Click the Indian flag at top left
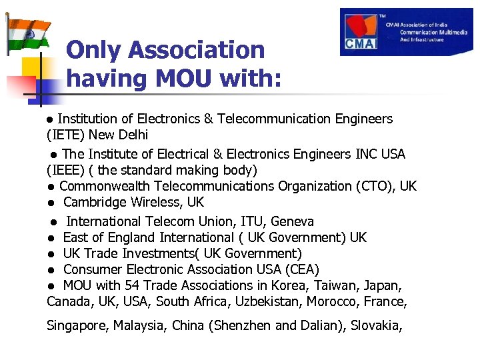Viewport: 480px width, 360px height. (28, 33)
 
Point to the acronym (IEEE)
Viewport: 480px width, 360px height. (66, 170)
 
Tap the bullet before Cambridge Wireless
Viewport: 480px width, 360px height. (51, 203)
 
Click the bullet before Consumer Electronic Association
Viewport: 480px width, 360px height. (51, 270)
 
